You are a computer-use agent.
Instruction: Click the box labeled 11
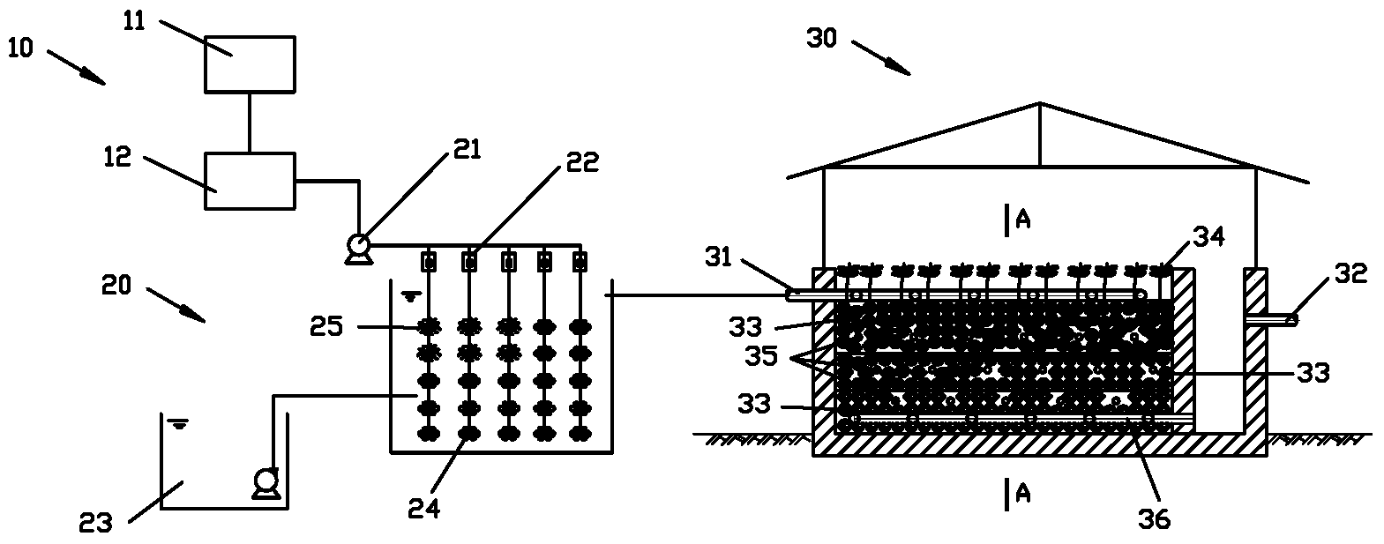[251, 64]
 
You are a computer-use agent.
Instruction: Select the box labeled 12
[251, 181]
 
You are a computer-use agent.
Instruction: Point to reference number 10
[20, 48]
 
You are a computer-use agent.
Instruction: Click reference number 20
[116, 285]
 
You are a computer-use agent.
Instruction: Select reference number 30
[822, 38]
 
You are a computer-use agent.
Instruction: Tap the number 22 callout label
[582, 162]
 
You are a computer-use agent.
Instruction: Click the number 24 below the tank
[424, 508]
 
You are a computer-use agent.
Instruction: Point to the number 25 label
[326, 326]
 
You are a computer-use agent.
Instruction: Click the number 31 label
[719, 257]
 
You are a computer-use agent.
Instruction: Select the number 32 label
[1351, 273]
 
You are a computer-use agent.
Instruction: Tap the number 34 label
[1209, 236]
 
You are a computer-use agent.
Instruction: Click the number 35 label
[761, 356]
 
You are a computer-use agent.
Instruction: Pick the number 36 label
[1154, 519]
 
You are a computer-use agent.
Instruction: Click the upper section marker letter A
[1023, 220]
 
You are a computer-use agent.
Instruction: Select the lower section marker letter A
[1023, 494]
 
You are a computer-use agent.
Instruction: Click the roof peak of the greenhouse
[1041, 103]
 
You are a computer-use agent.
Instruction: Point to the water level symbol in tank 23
[178, 424]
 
